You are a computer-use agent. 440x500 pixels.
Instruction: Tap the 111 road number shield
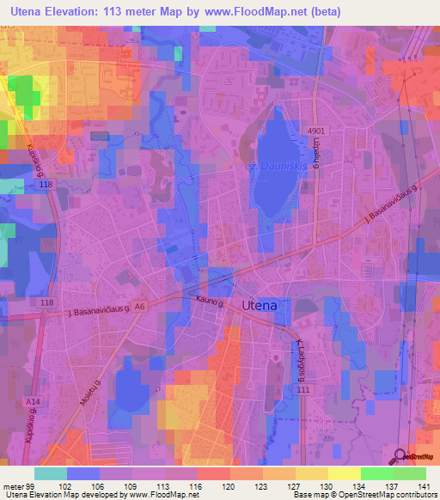coord(302,390)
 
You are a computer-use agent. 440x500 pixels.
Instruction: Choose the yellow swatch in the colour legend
coord(343,473)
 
